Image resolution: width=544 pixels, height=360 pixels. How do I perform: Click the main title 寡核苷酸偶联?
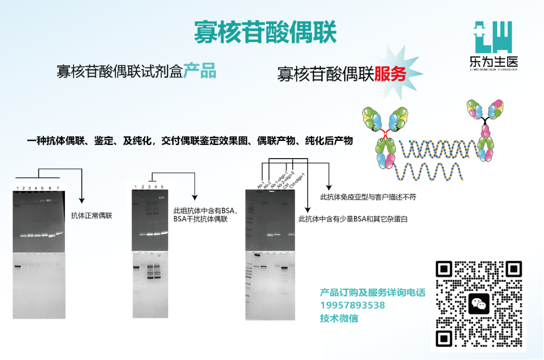pyautogui.click(x=265, y=32)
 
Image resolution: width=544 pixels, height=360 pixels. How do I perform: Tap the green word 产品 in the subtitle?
pyautogui.click(x=199, y=71)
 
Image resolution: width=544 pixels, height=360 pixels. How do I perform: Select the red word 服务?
pyautogui.click(x=390, y=74)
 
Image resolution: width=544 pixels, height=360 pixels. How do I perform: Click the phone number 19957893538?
pyautogui.click(x=353, y=306)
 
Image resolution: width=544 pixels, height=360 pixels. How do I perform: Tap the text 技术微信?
pyautogui.click(x=339, y=318)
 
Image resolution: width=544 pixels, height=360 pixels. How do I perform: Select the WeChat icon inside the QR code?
pyautogui.click(x=479, y=304)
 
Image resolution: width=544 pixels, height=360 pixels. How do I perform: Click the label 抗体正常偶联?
pyautogui.click(x=92, y=216)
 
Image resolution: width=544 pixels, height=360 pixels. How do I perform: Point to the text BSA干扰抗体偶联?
pyautogui.click(x=200, y=219)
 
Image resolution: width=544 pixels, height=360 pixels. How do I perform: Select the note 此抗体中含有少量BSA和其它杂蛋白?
pyautogui.click(x=353, y=220)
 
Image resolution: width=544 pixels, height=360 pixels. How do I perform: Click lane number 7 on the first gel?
pyautogui.click(x=57, y=188)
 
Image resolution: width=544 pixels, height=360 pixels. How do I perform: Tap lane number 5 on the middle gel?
pyautogui.click(x=162, y=187)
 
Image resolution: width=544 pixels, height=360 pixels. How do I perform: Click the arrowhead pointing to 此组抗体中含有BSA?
pyautogui.click(x=194, y=198)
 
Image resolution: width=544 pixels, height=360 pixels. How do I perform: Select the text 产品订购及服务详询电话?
pyautogui.click(x=373, y=293)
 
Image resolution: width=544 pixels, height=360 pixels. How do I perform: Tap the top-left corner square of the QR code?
pyautogui.click(x=444, y=269)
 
